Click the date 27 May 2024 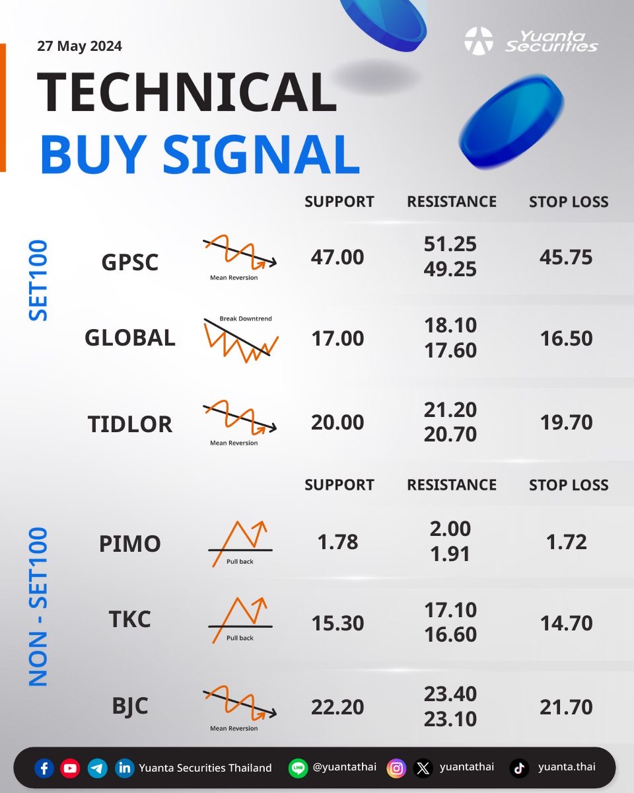[79, 46]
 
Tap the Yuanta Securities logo [530, 41]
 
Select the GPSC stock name [129, 262]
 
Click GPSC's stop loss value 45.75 [566, 257]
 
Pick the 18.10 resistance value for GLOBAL [450, 325]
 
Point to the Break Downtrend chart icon [241, 338]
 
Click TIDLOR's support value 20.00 [337, 422]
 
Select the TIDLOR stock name [129, 424]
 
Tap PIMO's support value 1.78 [337, 542]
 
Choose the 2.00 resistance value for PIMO [450, 529]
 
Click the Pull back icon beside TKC [240, 620]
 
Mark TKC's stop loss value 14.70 [566, 623]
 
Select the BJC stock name [129, 706]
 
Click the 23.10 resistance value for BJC [450, 719]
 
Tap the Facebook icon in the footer [44, 769]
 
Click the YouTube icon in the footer [70, 769]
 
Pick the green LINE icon [298, 769]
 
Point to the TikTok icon [520, 769]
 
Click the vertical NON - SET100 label [38, 607]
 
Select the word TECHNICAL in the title [186, 92]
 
